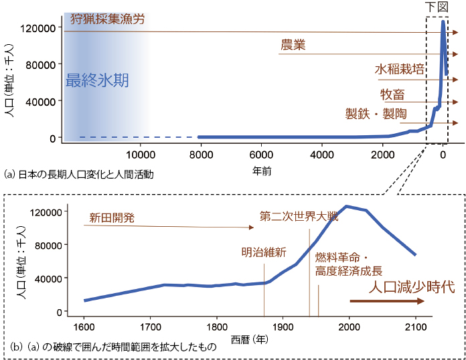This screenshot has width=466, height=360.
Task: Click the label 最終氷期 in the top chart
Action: point(97,81)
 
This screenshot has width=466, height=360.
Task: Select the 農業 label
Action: point(293,45)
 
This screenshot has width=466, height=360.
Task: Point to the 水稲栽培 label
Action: point(399,70)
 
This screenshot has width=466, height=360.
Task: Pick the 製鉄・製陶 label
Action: point(376,114)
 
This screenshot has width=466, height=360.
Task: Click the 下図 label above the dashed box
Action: point(437,7)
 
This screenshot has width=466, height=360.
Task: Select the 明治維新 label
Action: point(264,252)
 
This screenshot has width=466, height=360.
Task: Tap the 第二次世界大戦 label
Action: point(299,217)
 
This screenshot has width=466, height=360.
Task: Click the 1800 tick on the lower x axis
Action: point(216,327)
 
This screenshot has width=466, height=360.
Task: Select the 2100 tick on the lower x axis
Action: point(415,327)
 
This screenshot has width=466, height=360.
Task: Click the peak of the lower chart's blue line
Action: point(346,206)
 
